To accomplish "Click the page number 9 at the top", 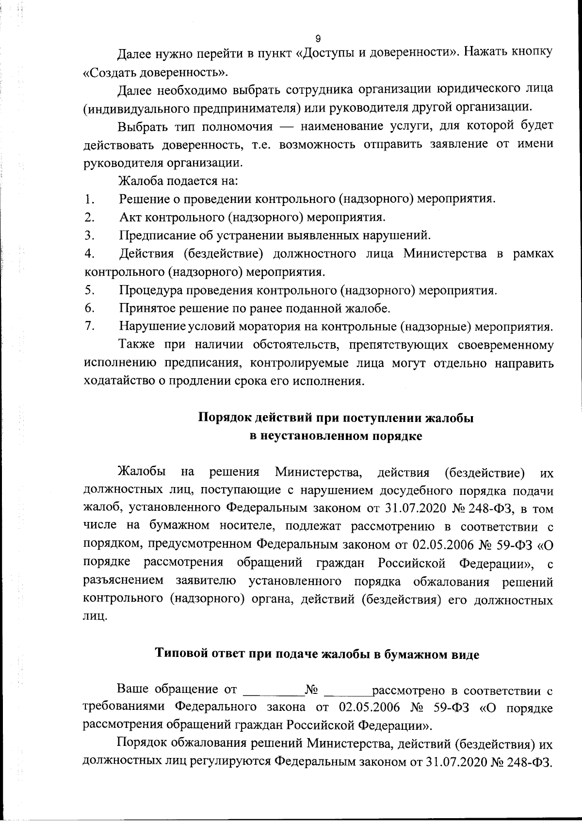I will pos(318,38).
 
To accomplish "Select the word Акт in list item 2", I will pos(130,217).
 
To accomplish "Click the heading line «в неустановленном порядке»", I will pos(336,436).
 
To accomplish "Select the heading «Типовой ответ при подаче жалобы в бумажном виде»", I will pos(317,654).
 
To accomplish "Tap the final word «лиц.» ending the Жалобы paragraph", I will pos(95,617).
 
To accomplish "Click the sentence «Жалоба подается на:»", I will pos(178,181).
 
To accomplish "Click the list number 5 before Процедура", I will pos(89,290).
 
